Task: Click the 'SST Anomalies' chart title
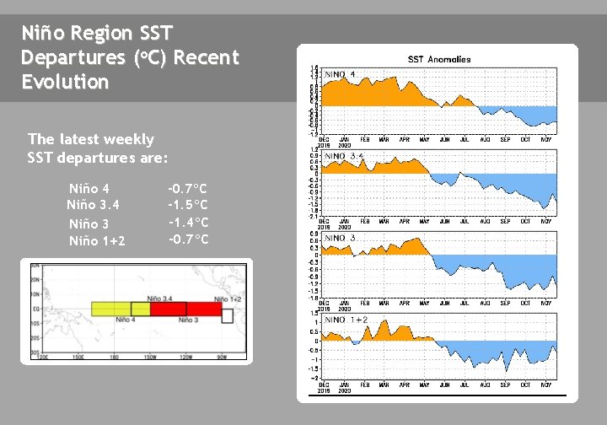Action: click(439, 59)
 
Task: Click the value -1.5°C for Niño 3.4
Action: click(188, 205)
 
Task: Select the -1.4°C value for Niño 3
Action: click(188, 223)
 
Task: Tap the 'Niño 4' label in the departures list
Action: click(89, 188)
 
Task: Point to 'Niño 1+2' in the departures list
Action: click(97, 241)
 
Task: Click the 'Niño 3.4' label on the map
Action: click(161, 299)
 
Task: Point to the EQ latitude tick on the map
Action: click(37, 309)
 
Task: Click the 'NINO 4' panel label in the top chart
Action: click(341, 75)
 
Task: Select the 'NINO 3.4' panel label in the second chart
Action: click(344, 156)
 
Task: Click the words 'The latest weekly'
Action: click(91, 139)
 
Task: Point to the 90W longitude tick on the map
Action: click(222, 357)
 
